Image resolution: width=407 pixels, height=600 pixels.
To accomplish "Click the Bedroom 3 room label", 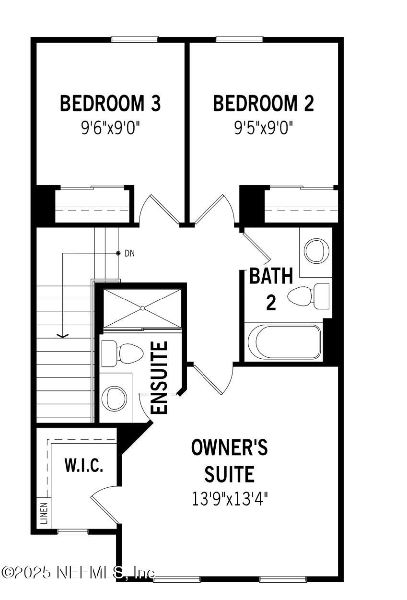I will [110, 104].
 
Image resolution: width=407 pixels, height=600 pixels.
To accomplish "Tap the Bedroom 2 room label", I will [263, 104].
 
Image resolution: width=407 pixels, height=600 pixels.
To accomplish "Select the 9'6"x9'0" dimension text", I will [110, 129].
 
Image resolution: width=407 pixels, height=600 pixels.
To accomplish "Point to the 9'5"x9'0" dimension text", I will [263, 129].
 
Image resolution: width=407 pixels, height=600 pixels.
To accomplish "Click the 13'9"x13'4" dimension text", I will [229, 499].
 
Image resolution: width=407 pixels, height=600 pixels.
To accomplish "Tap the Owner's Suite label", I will [229, 461].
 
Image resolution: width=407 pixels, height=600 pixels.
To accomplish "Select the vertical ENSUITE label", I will [160, 377].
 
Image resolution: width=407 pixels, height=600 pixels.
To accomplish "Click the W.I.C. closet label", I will [84, 465].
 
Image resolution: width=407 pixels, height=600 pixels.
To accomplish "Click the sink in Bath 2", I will [315, 249].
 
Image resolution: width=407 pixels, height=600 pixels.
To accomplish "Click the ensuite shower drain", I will [143, 308].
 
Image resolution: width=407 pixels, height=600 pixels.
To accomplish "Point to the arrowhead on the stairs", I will [62, 335].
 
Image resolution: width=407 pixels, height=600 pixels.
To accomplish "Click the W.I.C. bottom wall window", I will [73, 531].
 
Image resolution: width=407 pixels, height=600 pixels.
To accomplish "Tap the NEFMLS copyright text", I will [79, 572].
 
